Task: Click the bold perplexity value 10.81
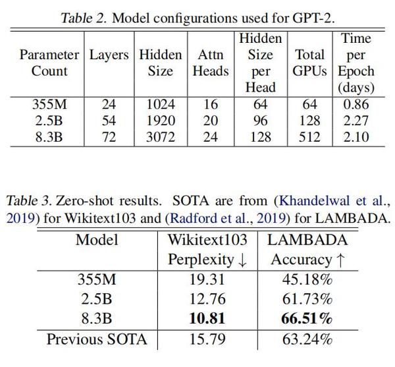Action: click(x=207, y=318)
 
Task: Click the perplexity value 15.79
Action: click(x=207, y=340)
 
